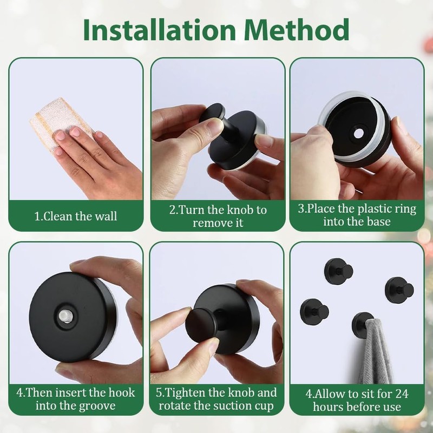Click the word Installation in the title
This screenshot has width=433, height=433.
tap(159, 30)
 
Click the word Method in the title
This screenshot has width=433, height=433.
tap(296, 30)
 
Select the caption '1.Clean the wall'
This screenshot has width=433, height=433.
tap(76, 216)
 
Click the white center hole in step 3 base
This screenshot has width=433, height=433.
tap(358, 134)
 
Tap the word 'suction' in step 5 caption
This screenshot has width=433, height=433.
tap(227, 405)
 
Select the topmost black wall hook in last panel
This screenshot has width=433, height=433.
tap(339, 271)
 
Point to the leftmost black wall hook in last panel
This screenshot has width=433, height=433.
tap(314, 311)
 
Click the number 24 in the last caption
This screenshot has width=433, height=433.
tap(401, 393)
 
